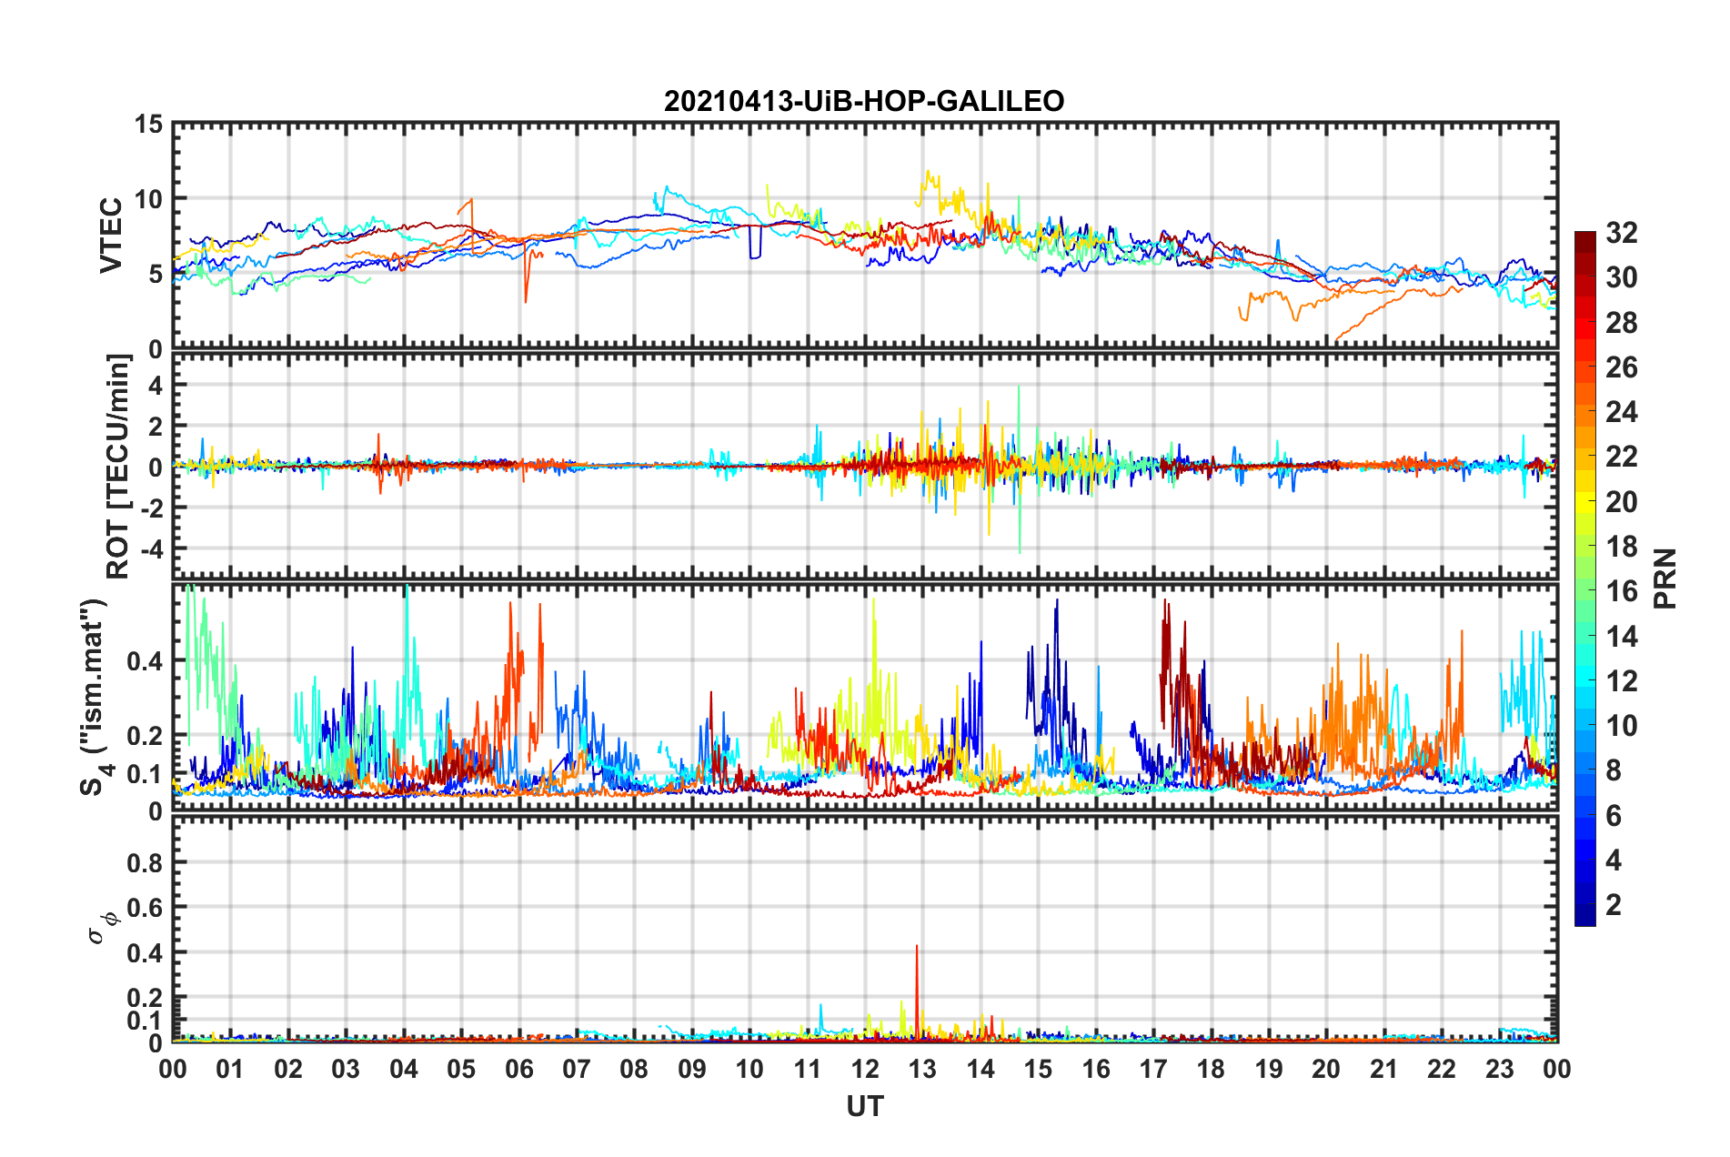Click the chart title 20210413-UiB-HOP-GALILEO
point(864,101)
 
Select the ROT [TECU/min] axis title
point(118,466)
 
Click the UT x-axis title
point(864,1107)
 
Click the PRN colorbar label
point(1665,578)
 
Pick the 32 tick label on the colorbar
point(1621,233)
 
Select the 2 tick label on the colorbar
point(1614,905)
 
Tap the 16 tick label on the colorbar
point(1621,591)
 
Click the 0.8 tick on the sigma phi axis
point(146,862)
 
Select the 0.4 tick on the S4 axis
point(146,661)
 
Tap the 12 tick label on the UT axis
point(864,1069)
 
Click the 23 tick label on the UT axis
point(1499,1069)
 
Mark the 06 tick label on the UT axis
point(518,1069)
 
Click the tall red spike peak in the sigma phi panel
point(917,947)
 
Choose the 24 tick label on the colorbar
point(1621,412)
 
